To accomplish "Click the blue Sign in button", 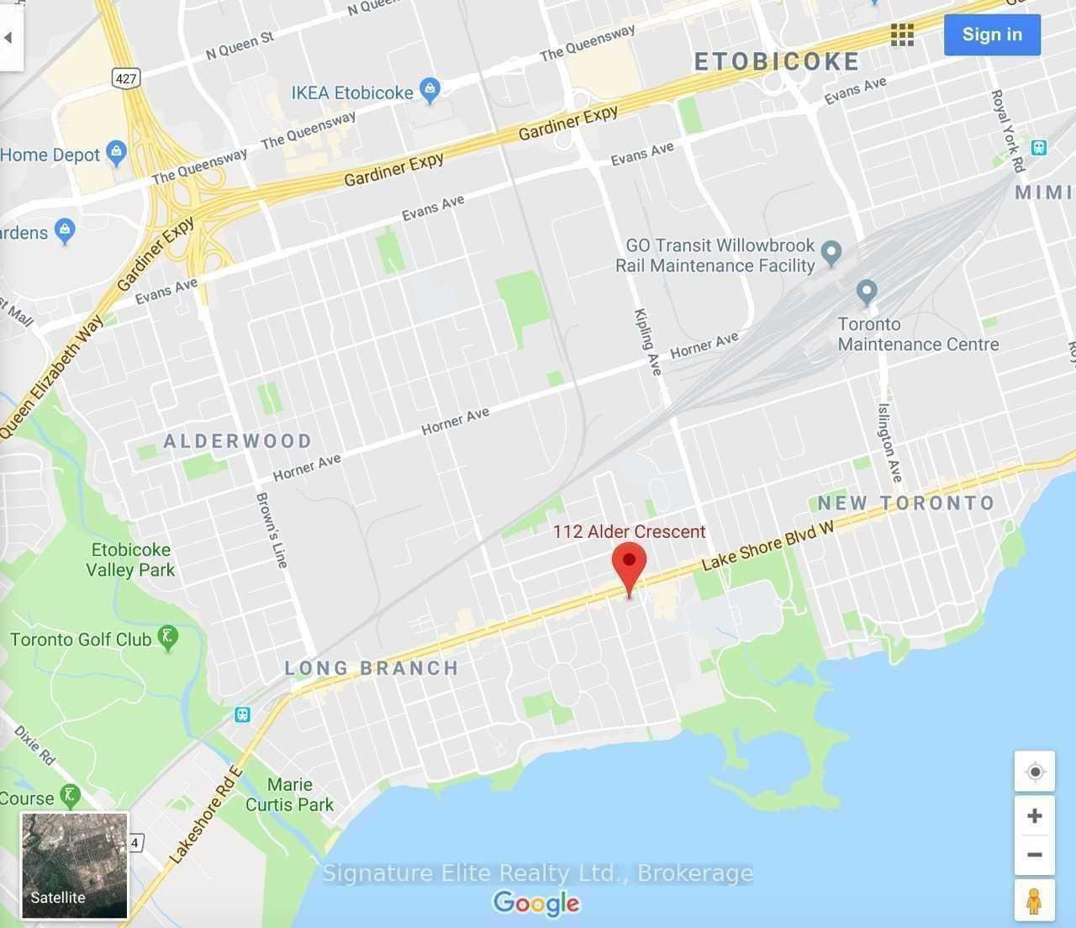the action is pyautogui.click(x=992, y=34).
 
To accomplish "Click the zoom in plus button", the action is pyautogui.click(x=1035, y=815).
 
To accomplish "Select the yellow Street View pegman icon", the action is pyautogui.click(x=1035, y=900).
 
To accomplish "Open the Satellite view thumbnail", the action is pyautogui.click(x=74, y=865).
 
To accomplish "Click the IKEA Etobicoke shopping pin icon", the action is pyautogui.click(x=430, y=90).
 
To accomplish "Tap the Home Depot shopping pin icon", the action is pyautogui.click(x=117, y=153).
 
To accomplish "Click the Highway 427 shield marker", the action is pyautogui.click(x=126, y=79).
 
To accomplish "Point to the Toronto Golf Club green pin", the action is pyautogui.click(x=168, y=638).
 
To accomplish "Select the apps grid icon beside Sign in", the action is pyautogui.click(x=902, y=34).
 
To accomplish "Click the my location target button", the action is pyautogui.click(x=1035, y=772).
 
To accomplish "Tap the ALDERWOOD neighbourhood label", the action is pyautogui.click(x=238, y=440).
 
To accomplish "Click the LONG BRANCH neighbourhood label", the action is pyautogui.click(x=372, y=668).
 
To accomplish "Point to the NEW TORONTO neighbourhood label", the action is pyautogui.click(x=906, y=503).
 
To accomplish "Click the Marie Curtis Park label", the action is pyautogui.click(x=290, y=794).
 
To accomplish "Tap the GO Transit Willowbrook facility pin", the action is pyautogui.click(x=831, y=251).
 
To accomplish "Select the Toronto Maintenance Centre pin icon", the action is pyautogui.click(x=867, y=292).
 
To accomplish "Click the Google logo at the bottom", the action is pyautogui.click(x=536, y=903).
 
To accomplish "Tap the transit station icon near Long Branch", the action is pyautogui.click(x=242, y=714).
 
